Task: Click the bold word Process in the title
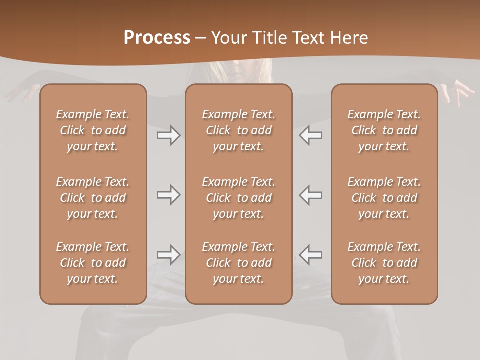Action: pyautogui.click(x=157, y=38)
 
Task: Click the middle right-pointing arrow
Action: pyautogui.click(x=169, y=195)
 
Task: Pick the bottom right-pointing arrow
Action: pyautogui.click(x=169, y=255)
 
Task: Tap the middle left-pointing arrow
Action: pyautogui.click(x=310, y=195)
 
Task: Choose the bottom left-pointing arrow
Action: pyautogui.click(x=310, y=255)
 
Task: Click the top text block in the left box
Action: pyautogui.click(x=93, y=130)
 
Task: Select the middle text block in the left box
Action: pyautogui.click(x=93, y=198)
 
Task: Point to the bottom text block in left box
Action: pyautogui.click(x=93, y=263)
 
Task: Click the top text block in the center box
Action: pyautogui.click(x=239, y=130)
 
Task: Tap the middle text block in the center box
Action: pyautogui.click(x=239, y=198)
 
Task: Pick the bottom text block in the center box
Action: pyautogui.click(x=239, y=263)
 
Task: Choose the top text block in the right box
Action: pyautogui.click(x=384, y=130)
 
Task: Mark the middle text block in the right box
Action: pyautogui.click(x=384, y=198)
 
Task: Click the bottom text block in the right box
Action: pyautogui.click(x=384, y=263)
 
